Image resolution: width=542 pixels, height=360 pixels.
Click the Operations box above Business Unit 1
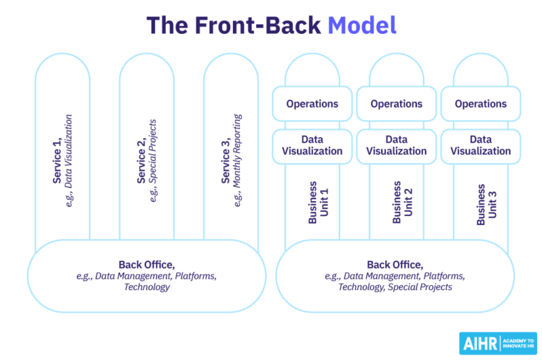312,104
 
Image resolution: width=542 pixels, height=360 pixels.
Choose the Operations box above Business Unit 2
396,104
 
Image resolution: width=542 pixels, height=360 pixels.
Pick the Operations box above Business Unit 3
481,104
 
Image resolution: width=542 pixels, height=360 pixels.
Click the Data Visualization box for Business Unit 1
312,145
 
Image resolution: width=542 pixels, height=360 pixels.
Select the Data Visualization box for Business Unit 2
396,145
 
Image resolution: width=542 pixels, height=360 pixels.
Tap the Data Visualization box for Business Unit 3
481,145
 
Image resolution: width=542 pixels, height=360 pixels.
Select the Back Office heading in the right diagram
395,264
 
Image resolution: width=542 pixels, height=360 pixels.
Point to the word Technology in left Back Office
147,287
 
